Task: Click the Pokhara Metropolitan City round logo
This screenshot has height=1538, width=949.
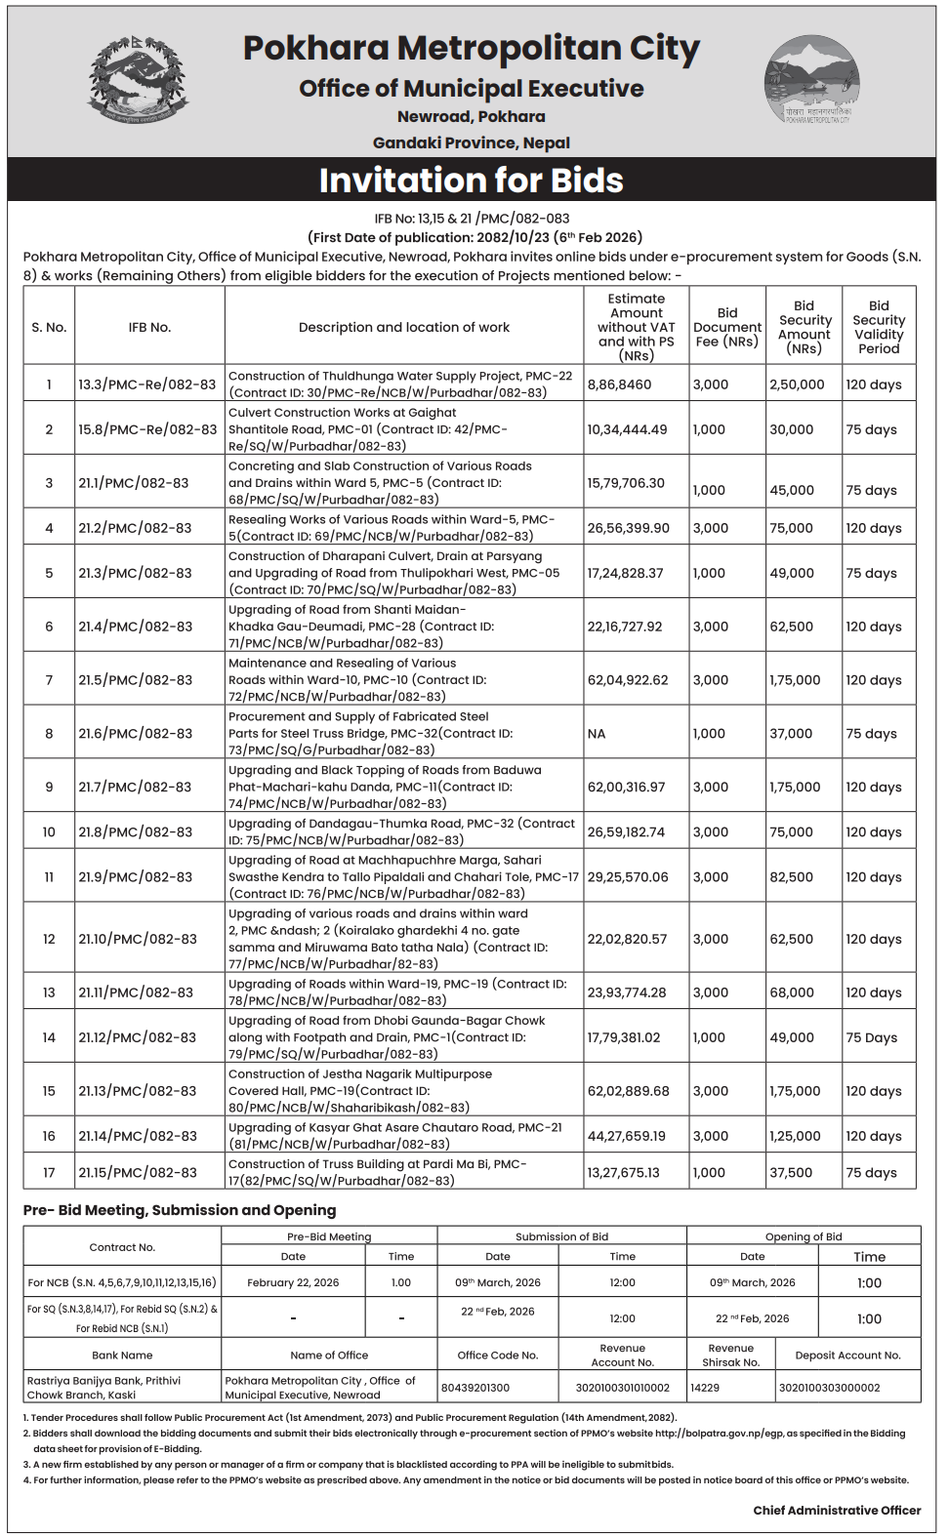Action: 811,79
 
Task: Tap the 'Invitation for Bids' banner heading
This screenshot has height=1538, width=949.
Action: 471,181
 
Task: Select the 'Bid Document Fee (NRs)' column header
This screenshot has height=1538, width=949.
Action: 726,327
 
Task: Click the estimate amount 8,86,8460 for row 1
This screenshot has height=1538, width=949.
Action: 619,384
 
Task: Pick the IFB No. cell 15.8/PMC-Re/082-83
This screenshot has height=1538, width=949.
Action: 147,429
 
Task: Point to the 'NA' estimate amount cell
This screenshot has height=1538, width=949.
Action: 597,734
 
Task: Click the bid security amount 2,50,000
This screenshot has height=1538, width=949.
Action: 797,384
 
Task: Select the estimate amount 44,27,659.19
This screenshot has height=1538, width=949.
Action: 626,1136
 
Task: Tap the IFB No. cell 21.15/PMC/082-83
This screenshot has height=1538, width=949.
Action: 138,1172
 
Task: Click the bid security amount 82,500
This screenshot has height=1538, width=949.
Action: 791,877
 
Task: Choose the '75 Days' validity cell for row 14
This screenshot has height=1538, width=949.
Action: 871,1037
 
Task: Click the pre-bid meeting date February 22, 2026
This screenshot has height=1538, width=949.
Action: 293,1282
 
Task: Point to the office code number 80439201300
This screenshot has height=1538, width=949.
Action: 475,1388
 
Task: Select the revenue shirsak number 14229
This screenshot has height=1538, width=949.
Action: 705,1387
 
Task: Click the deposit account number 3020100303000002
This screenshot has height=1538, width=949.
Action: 830,1388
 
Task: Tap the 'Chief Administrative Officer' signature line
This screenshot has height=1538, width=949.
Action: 837,1510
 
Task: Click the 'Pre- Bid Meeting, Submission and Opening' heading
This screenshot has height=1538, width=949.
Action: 180,1210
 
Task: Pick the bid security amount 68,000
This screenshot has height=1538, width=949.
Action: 791,992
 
